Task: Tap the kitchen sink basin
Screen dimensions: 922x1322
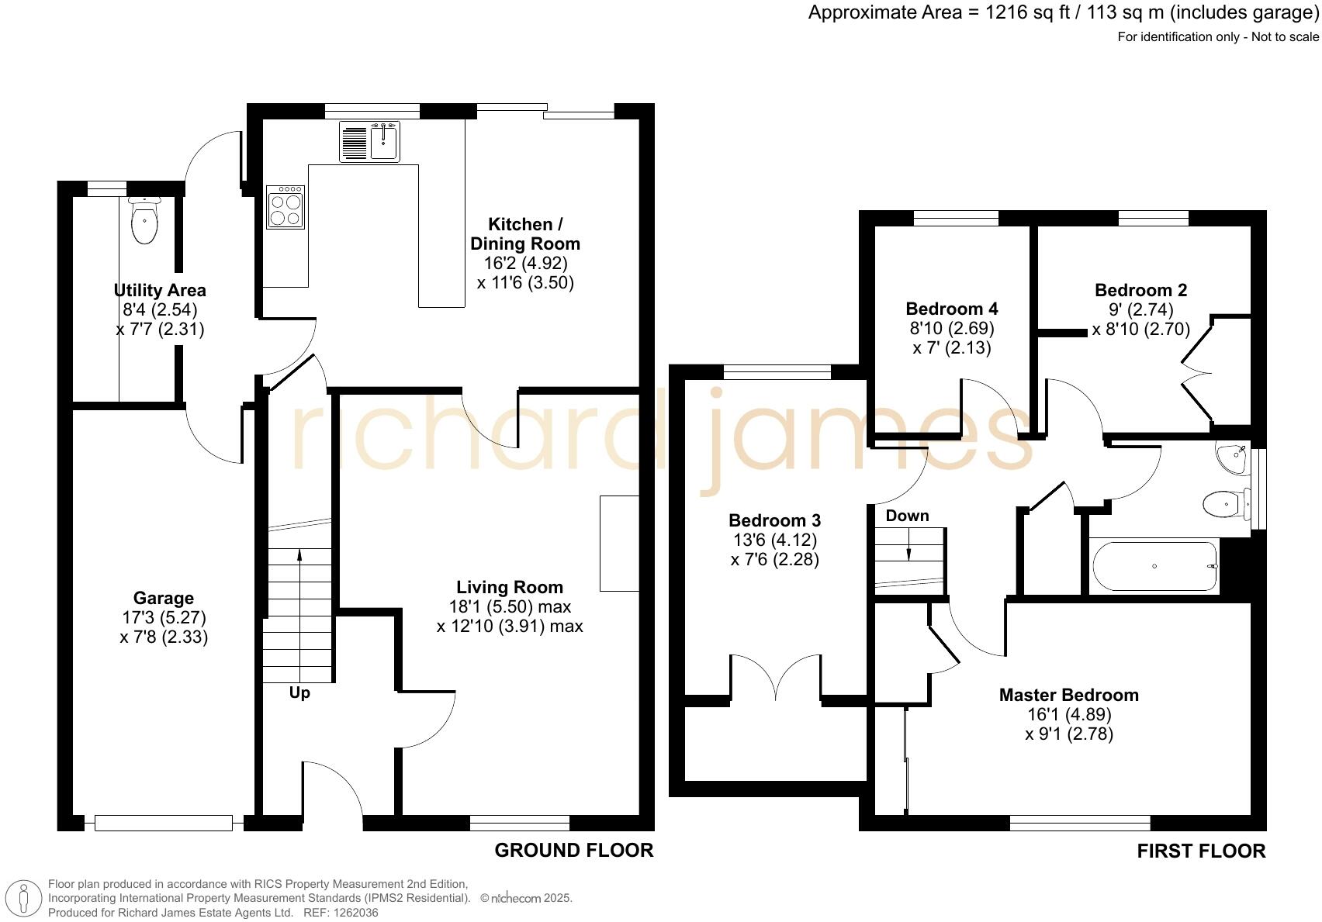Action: point(385,143)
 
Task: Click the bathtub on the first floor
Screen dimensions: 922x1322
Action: point(1153,567)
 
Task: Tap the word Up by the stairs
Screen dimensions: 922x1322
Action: point(299,693)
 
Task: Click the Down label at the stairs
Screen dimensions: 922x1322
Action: point(907,516)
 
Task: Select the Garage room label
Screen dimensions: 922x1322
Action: point(163,598)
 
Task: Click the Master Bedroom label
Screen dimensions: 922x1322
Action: point(1068,695)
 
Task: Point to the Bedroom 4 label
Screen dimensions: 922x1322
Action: point(951,308)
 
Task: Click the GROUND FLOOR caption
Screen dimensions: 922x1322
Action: point(573,851)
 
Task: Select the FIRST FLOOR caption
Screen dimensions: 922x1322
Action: point(1200,851)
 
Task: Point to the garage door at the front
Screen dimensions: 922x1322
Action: point(164,823)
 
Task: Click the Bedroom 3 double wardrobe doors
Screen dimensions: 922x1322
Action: point(776,679)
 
